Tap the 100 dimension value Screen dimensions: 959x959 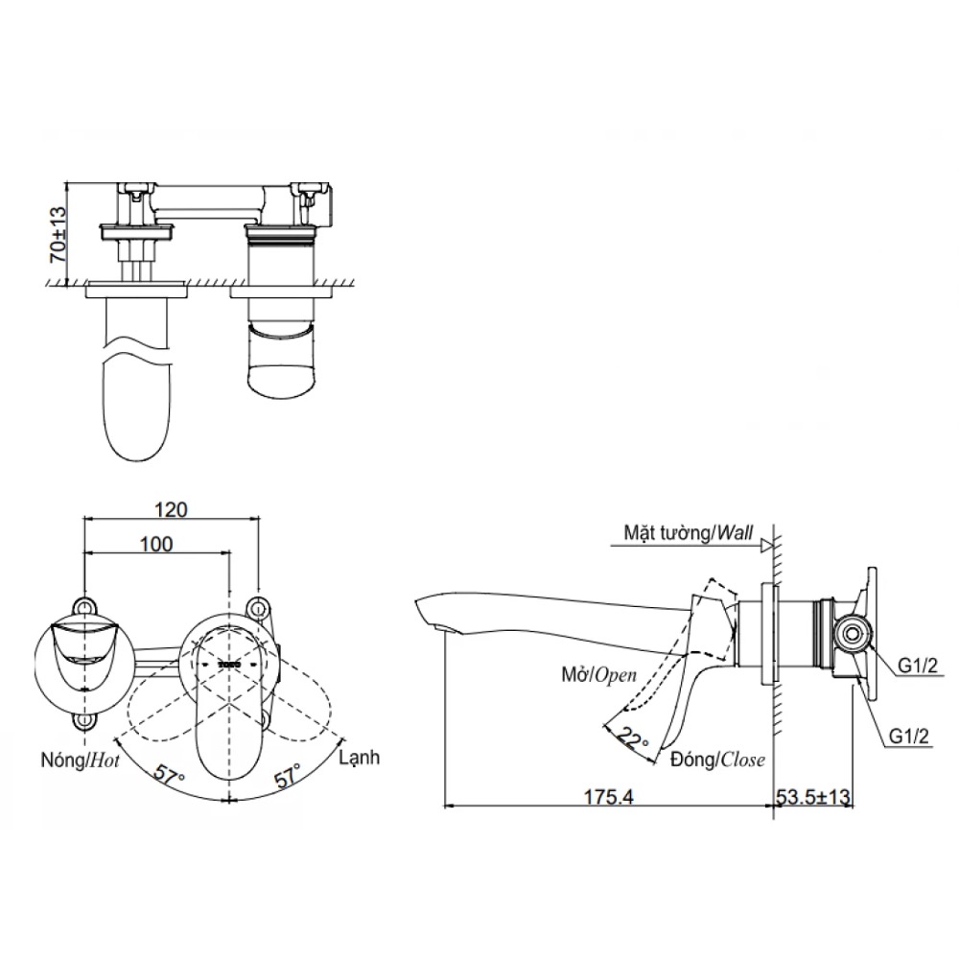click(x=156, y=544)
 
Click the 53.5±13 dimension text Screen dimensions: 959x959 click(x=813, y=795)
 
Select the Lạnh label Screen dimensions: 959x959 click(x=359, y=757)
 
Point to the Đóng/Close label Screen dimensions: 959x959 click(x=717, y=760)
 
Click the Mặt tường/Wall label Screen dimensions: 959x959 click(x=683, y=531)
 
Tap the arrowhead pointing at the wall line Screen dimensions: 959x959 click(x=766, y=546)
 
